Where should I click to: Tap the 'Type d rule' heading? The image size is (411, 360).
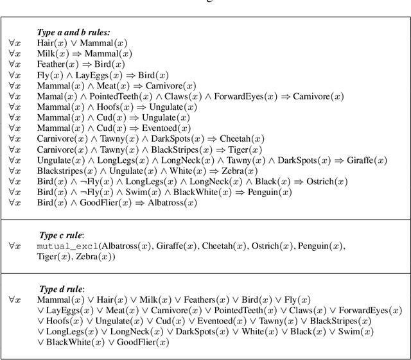pyautogui.click(x=62, y=289)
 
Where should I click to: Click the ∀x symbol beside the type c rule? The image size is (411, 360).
pyautogui.click(x=15, y=246)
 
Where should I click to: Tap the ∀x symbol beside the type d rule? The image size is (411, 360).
pyautogui.click(x=15, y=300)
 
